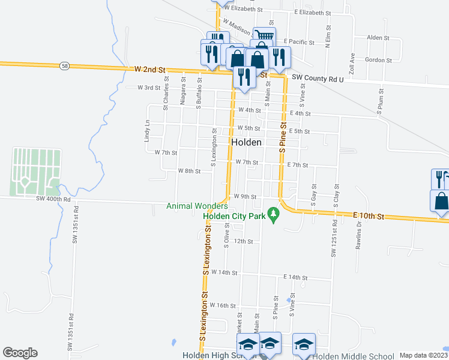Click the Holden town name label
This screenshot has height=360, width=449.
pos(246,142)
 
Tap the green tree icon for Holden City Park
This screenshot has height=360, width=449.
pos(274,214)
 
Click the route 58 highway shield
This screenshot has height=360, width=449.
pos(65,65)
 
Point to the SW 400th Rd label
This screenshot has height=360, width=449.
pos(53,198)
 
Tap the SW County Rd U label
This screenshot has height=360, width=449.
pos(318,79)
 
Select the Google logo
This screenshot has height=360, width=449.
pos(20,353)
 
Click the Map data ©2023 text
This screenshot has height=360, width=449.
pos(423,355)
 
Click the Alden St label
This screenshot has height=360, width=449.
pos(378,37)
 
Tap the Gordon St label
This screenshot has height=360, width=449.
pos(378,60)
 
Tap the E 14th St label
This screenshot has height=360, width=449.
pos(295,278)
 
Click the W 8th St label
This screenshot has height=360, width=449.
pos(189,171)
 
